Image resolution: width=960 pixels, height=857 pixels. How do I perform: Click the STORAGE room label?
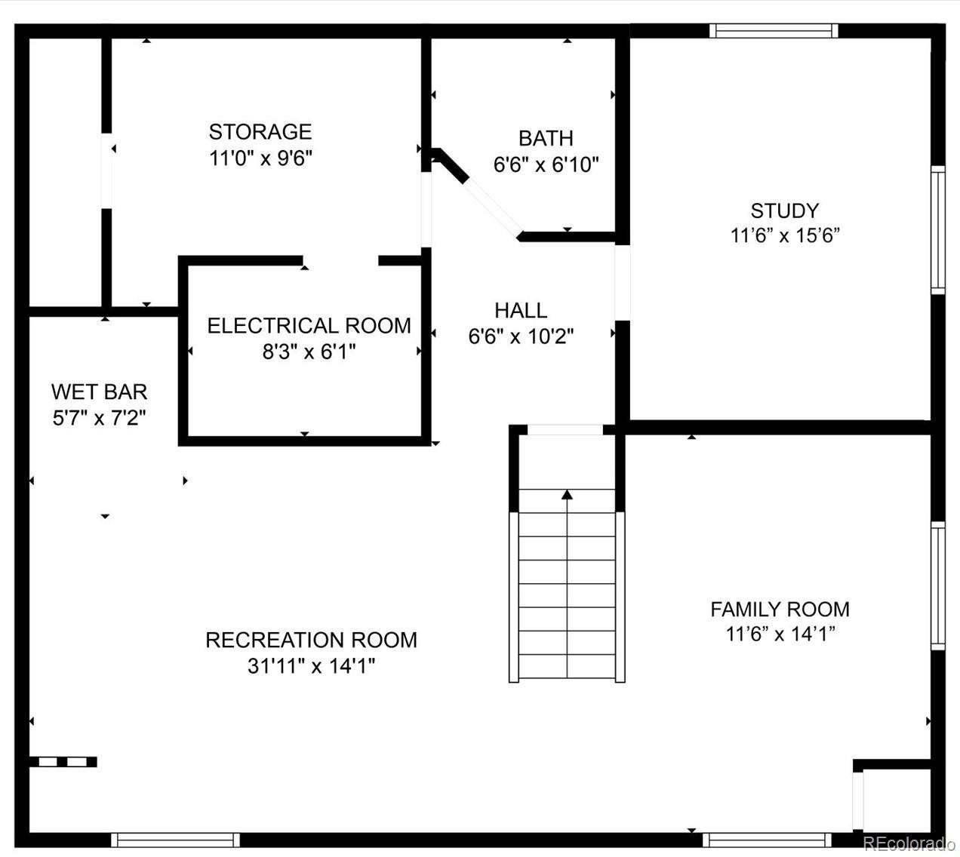click(x=260, y=132)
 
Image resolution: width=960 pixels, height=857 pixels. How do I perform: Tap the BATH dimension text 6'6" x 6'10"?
click(x=546, y=165)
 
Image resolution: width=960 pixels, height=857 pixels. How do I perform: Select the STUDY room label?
click(x=785, y=210)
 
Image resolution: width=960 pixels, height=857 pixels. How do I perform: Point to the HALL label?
click(x=521, y=311)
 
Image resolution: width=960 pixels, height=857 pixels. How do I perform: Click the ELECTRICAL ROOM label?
click(x=309, y=326)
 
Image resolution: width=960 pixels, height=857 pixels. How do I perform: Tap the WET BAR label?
click(x=99, y=392)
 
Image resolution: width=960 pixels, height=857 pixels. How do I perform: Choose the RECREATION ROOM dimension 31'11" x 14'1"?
click(x=311, y=666)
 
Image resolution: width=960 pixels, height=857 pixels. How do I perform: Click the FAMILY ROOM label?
click(x=780, y=610)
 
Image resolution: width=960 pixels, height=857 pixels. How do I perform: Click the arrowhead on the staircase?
click(x=568, y=495)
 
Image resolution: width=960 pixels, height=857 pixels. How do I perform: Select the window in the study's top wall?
click(x=774, y=31)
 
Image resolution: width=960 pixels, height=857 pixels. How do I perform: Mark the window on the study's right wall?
click(x=938, y=230)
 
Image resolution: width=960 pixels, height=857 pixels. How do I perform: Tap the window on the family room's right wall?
click(x=938, y=585)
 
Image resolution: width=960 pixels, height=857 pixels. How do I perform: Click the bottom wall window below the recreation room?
click(x=175, y=840)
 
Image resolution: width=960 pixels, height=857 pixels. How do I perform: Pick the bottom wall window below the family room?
click(x=767, y=840)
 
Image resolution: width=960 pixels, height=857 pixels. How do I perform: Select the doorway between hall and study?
click(x=623, y=283)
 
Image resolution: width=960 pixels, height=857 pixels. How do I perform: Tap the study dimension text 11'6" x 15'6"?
click(x=785, y=235)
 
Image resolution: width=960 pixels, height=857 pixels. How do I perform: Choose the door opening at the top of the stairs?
click(x=565, y=430)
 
